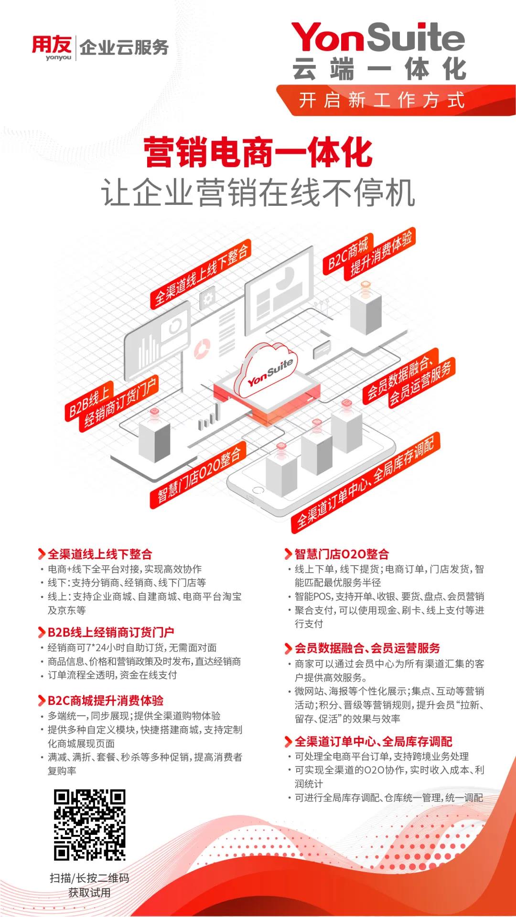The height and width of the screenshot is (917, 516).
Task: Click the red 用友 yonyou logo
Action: (x=52, y=48)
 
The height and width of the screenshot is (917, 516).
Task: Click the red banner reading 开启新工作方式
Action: (x=396, y=100)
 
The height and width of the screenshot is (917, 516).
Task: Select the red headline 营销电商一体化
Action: (x=258, y=152)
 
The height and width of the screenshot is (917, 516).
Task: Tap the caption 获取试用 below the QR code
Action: (x=89, y=892)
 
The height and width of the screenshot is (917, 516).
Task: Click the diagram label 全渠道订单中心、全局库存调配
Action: (x=365, y=482)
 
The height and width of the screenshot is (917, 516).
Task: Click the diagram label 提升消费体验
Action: (x=381, y=253)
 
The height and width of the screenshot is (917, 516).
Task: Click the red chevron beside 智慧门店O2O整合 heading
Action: (x=288, y=554)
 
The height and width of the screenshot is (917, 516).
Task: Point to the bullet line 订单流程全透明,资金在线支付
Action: (x=112, y=675)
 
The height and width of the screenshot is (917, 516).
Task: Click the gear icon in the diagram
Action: (x=208, y=299)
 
